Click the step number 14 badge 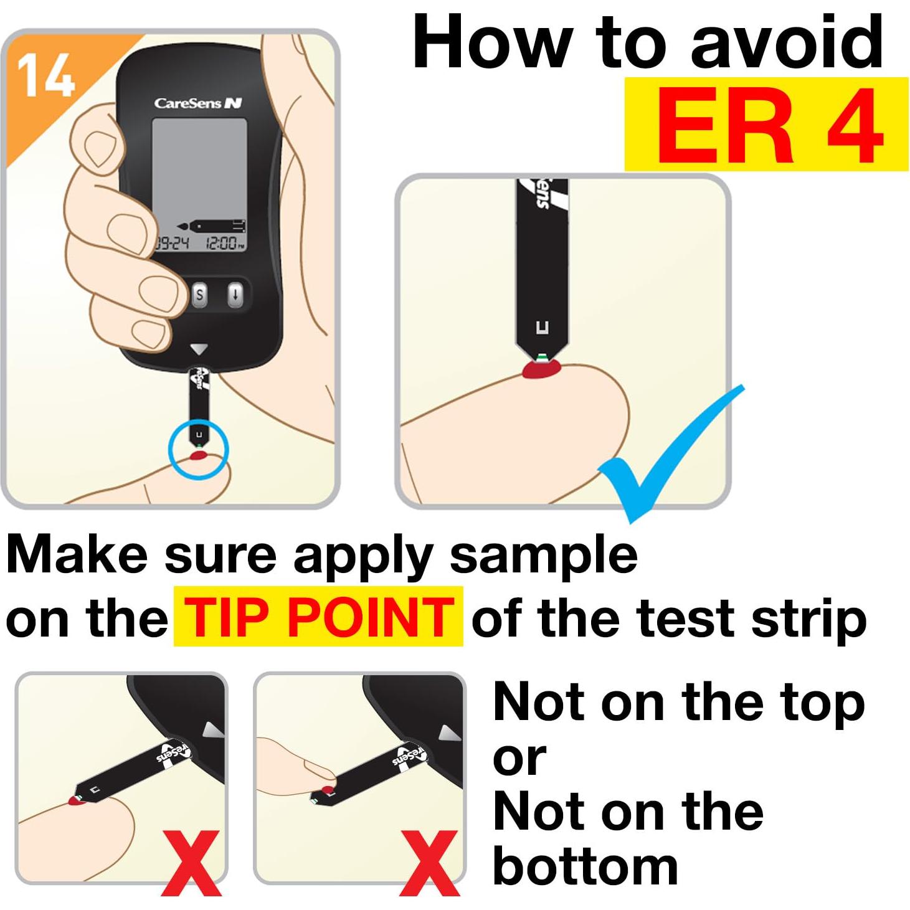click(46, 75)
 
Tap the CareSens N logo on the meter click(198, 103)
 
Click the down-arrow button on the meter click(235, 295)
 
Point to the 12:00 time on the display click(225, 243)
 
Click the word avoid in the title click(787, 42)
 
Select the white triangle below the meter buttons click(198, 349)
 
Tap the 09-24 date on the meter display click(173, 244)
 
